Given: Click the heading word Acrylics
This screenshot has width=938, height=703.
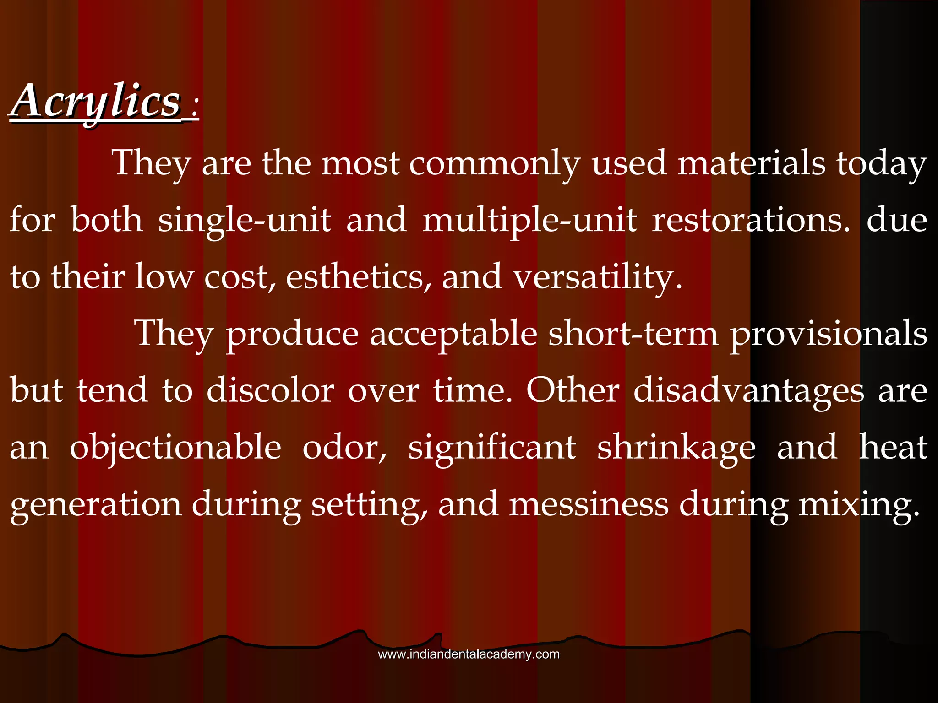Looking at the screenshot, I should point(96,101).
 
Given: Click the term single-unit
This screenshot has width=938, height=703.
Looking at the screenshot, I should point(244,221).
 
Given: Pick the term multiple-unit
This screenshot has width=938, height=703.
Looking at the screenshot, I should point(529,221).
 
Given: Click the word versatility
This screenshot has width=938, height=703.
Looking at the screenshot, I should point(597,277).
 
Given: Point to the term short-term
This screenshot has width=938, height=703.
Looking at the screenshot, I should point(633,334).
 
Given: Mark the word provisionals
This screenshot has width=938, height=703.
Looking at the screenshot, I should point(829,334).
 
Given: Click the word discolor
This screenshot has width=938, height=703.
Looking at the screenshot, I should point(270,391).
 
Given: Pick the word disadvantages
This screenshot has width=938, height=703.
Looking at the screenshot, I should point(749,391).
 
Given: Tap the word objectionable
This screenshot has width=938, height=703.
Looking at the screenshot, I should point(175,448).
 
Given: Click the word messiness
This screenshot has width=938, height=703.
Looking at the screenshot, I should point(589,504).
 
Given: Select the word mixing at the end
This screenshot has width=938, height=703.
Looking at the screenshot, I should point(859,504).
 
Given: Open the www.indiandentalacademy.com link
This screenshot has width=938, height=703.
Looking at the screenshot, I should point(469,654).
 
